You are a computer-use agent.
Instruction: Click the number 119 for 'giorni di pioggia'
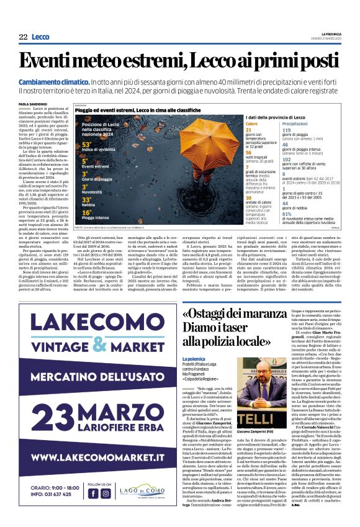pyautogui.click(x=287, y=130)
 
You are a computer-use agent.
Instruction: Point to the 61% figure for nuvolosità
pyautogui.click(x=287, y=214)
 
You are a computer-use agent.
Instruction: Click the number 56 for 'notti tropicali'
pyautogui.click(x=249, y=152)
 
